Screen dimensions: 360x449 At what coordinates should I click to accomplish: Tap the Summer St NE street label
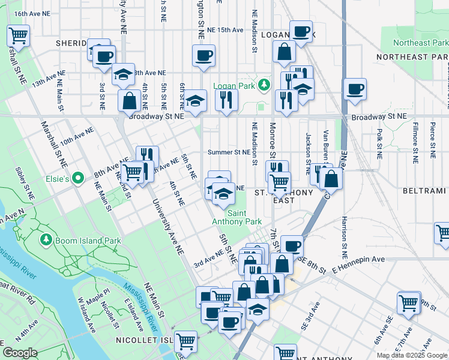click(x=229, y=152)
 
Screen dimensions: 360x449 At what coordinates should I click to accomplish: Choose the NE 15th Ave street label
click(x=224, y=29)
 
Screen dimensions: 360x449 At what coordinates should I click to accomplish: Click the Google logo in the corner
click(x=20, y=352)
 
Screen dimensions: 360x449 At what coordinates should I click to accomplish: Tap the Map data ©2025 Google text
click(x=412, y=355)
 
